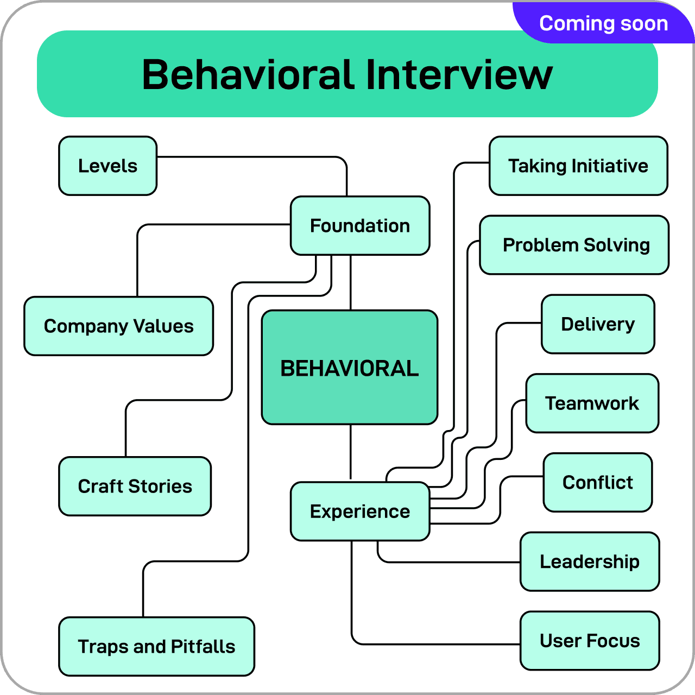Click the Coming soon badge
click(603, 23)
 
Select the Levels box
click(108, 166)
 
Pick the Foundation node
click(360, 225)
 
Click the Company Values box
click(118, 326)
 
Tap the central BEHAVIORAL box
click(349, 368)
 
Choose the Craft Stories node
click(135, 486)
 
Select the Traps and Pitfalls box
click(156, 646)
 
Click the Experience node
click(360, 511)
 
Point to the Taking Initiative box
click(578, 166)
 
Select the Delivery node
click(598, 324)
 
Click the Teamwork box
click(592, 403)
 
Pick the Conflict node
click(598, 482)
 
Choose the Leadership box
click(590, 561)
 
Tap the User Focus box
click(590, 641)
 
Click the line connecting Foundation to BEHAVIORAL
click(351, 282)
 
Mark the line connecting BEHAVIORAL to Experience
click(351, 452)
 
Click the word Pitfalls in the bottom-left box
click(203, 646)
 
